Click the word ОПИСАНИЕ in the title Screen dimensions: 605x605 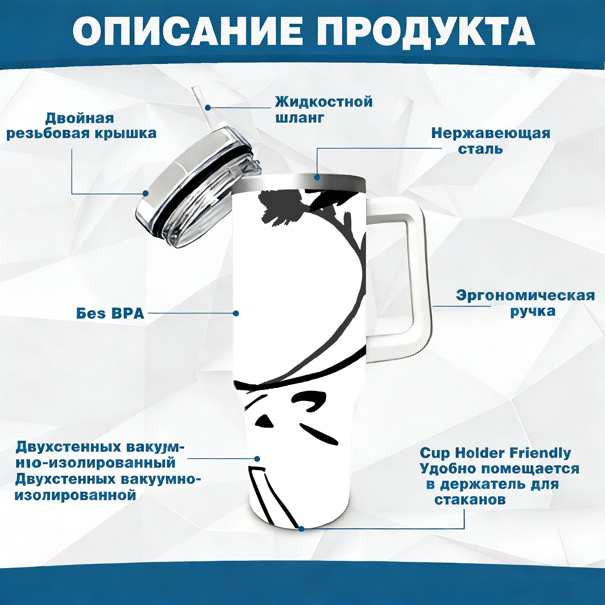click(188, 31)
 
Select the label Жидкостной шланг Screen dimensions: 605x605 click(324, 110)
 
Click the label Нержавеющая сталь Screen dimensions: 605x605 click(490, 141)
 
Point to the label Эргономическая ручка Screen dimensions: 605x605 click(525, 303)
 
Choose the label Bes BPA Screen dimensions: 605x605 click(110, 313)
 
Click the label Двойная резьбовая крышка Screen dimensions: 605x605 click(81, 126)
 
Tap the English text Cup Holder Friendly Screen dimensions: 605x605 click(495, 453)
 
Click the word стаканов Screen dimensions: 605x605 click(470, 500)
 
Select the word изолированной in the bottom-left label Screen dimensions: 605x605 click(75, 495)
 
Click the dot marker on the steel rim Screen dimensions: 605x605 click(317, 177)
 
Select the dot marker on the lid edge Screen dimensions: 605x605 click(146, 194)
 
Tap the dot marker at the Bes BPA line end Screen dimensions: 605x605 click(236, 313)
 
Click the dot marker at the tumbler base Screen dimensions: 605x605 click(301, 529)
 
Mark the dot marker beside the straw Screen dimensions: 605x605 click(208, 107)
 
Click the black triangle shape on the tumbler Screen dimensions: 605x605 click(265, 422)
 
